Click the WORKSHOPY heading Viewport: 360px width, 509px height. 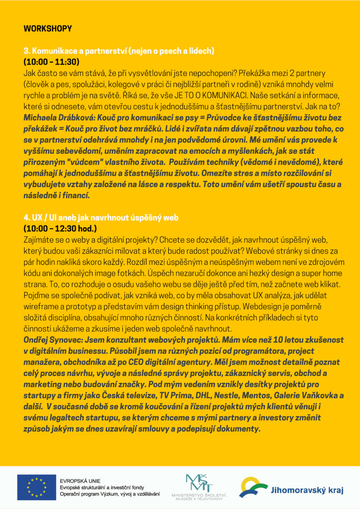pyautogui.click(x=47, y=29)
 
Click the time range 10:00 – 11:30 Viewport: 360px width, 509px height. pyautogui.click(x=52, y=62)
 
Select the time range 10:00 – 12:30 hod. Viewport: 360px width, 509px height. pyautogui.click(x=60, y=229)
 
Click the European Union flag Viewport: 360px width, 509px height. pyautogui.click(x=36, y=487)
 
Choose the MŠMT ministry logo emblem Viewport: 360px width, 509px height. pyautogui.click(x=199, y=483)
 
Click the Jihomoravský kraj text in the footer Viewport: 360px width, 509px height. pyautogui.click(x=307, y=491)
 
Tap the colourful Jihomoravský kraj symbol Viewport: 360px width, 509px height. pyautogui.click(x=253, y=487)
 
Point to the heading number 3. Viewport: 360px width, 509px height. pyautogui.click(x=26, y=51)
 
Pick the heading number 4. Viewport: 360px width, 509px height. pyautogui.click(x=26, y=218)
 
